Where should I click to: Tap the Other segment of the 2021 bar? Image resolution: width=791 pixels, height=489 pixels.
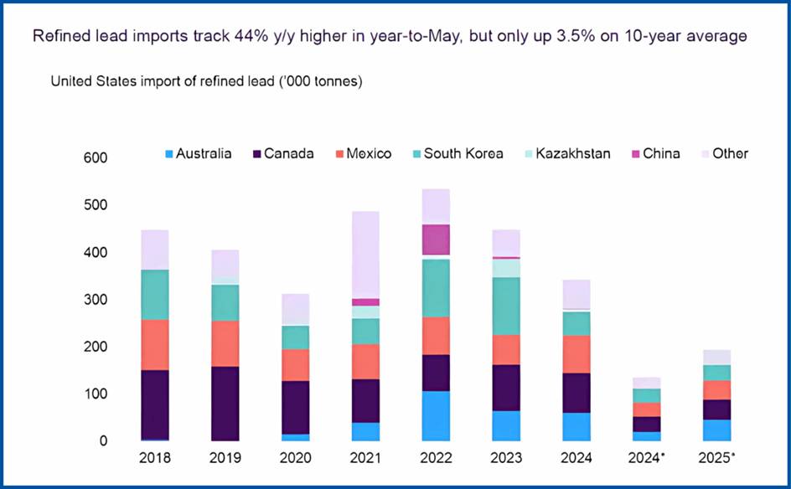pyautogui.click(x=365, y=255)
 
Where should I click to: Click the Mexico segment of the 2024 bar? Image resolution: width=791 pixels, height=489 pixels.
pyautogui.click(x=576, y=354)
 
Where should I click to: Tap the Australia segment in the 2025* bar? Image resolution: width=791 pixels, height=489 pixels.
pyautogui.click(x=717, y=430)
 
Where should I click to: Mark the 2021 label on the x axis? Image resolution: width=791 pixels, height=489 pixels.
pyautogui.click(x=365, y=459)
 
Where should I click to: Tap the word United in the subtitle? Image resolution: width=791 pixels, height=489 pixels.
pyautogui.click(x=73, y=81)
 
